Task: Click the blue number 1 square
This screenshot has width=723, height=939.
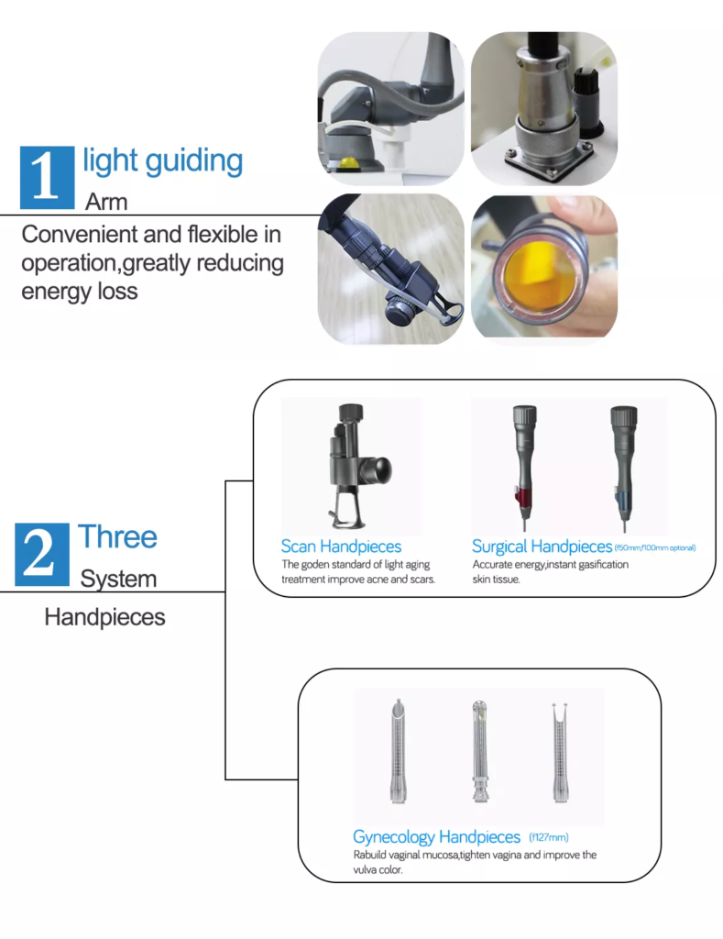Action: click(48, 177)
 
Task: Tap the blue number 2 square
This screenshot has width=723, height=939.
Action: click(42, 554)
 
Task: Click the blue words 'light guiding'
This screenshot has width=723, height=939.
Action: click(163, 161)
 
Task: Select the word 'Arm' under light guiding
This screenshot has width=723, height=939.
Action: click(106, 202)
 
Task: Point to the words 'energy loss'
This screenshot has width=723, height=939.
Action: click(80, 292)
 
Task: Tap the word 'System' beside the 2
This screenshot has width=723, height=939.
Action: click(118, 580)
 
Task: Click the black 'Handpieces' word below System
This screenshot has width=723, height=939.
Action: click(104, 617)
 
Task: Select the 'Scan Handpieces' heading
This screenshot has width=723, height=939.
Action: click(341, 547)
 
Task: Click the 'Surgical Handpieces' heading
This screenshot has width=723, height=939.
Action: click(542, 547)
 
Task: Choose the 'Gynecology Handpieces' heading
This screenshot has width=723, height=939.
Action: click(437, 836)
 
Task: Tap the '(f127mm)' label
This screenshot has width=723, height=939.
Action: click(549, 837)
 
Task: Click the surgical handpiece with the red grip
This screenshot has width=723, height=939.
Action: click(524, 467)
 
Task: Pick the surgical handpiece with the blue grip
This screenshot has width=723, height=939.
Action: click(623, 467)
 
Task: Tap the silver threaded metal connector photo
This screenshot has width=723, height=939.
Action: click(544, 108)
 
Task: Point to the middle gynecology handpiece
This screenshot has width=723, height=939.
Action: click(480, 751)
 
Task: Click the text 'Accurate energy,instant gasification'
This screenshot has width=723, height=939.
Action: click(550, 564)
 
